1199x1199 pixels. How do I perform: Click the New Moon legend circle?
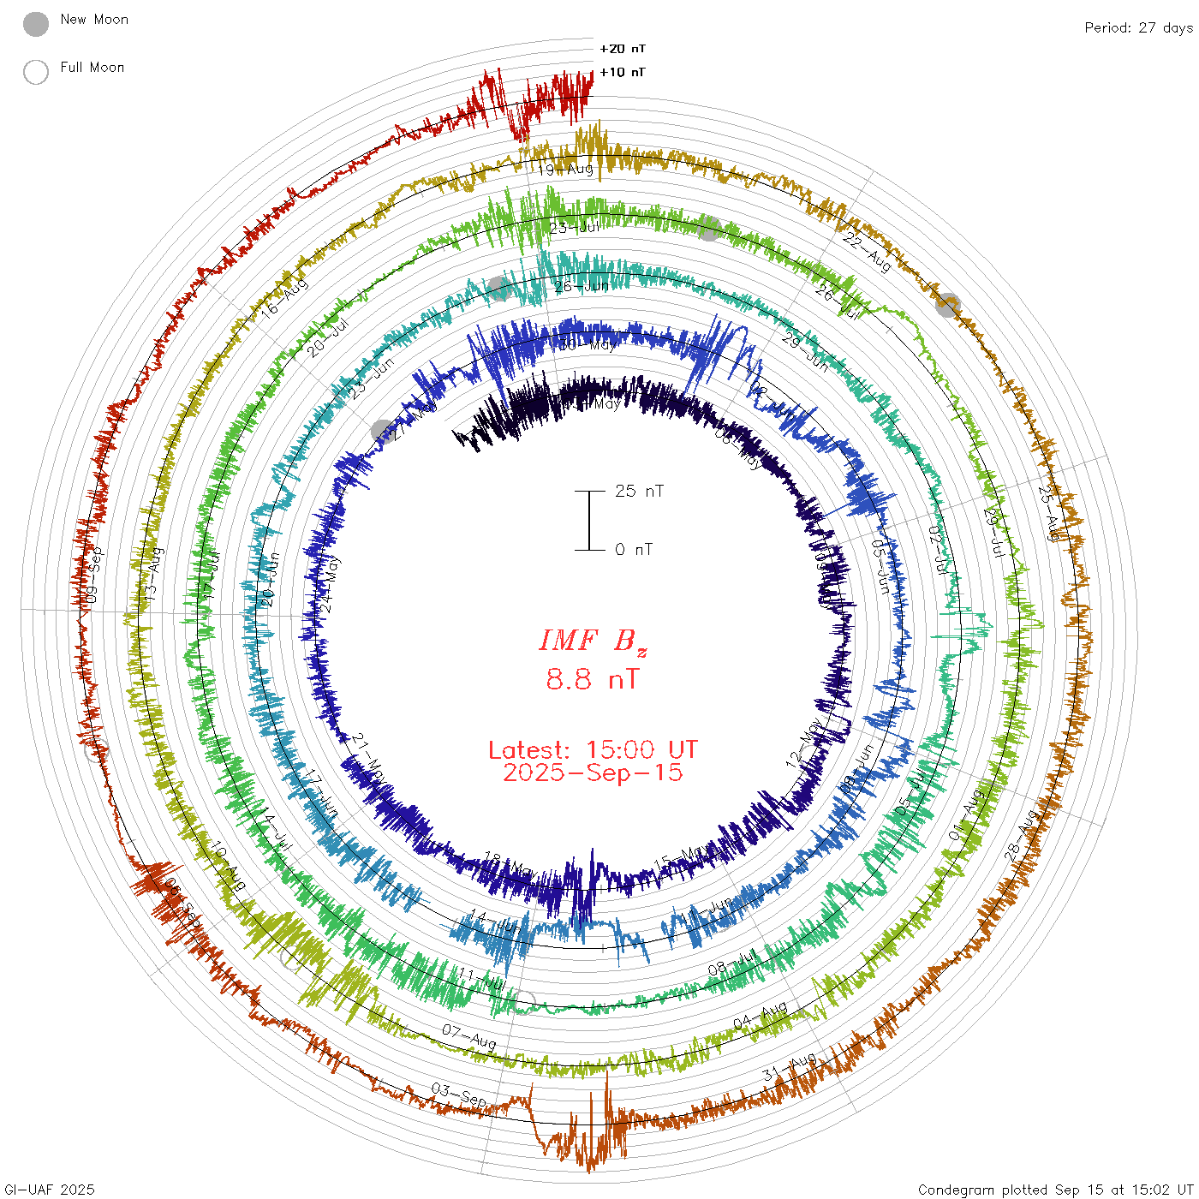click(36, 24)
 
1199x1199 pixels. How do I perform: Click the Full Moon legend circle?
click(36, 72)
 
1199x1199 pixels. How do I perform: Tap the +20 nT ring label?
click(623, 49)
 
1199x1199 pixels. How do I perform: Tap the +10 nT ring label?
click(623, 72)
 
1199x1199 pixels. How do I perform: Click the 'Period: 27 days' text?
click(1138, 27)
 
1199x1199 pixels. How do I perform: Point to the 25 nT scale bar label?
click(639, 491)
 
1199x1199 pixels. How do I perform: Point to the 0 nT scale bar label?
click(634, 549)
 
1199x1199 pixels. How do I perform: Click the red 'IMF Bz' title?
click(593, 641)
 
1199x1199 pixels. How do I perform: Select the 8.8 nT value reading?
click(593, 679)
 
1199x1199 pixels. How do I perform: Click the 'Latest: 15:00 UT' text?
click(593, 750)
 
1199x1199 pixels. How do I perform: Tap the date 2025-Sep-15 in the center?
click(593, 772)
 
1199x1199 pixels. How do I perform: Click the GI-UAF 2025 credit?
click(48, 1190)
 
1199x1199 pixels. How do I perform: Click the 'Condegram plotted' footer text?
click(1055, 1190)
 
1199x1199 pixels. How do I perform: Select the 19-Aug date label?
click(565, 169)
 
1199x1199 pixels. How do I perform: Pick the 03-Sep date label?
click(459, 1095)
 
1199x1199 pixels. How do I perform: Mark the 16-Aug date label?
click(284, 299)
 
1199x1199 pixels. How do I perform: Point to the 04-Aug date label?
click(761, 1017)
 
